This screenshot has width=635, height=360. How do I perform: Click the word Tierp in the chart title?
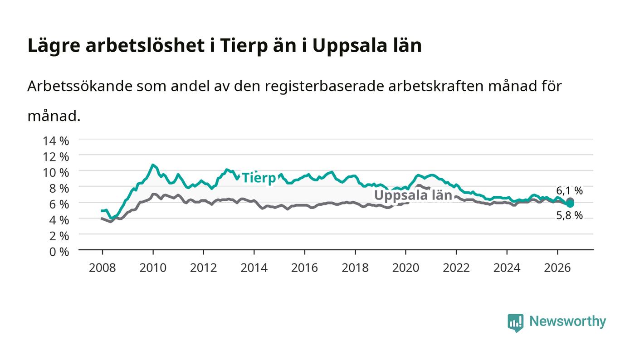pyautogui.click(x=244, y=46)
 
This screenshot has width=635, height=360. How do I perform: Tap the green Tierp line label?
pyautogui.click(x=259, y=178)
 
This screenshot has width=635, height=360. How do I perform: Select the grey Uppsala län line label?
pyautogui.click(x=413, y=195)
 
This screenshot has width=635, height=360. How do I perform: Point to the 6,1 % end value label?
pyautogui.click(x=569, y=190)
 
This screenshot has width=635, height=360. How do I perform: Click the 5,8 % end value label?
pyautogui.click(x=569, y=215)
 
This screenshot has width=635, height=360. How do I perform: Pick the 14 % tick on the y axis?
pyautogui.click(x=56, y=141)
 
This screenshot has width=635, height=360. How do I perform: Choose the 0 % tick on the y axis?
pyautogui.click(x=59, y=252)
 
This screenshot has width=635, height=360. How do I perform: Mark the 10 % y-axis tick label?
pyautogui.click(x=56, y=173)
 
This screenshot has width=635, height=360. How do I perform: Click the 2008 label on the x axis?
pyautogui.click(x=103, y=268)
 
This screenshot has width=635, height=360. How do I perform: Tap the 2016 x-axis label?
pyautogui.click(x=304, y=268)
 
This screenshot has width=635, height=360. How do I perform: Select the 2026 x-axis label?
pyautogui.click(x=557, y=268)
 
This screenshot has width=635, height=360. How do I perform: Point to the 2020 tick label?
pyautogui.click(x=405, y=268)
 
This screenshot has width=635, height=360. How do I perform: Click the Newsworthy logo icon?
pyautogui.click(x=515, y=322)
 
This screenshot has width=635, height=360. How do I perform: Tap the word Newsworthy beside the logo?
pyautogui.click(x=567, y=321)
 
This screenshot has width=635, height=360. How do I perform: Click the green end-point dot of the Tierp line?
pyautogui.click(x=570, y=204)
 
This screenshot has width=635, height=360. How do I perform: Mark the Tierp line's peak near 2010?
pyautogui.click(x=153, y=165)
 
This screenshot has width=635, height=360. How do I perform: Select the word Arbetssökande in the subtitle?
pyautogui.click(x=80, y=86)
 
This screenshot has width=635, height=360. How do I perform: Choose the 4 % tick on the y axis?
pyautogui.click(x=59, y=220)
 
